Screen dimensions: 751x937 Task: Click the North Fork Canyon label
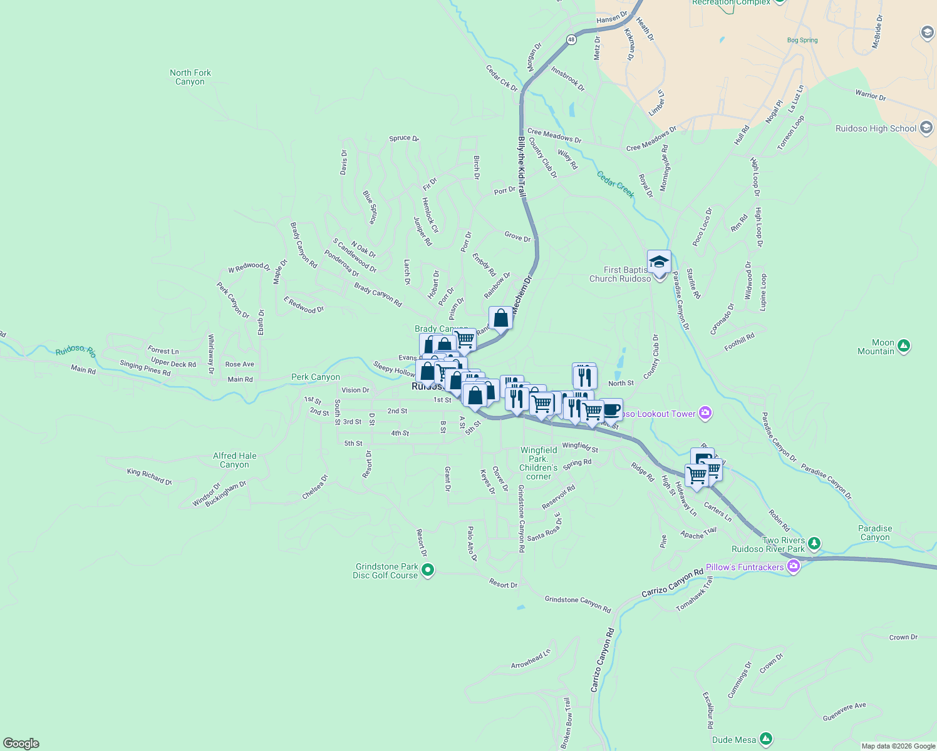190,77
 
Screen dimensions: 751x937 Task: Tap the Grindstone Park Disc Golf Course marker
428,570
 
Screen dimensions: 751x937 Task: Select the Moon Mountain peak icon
903,345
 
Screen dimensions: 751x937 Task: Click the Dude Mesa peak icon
766,739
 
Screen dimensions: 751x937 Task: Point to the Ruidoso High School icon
926,128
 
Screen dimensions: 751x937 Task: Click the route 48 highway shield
571,39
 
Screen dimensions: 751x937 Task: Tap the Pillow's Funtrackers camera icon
794,567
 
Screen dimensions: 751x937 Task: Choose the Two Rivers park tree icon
814,543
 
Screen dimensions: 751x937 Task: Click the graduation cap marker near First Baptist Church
659,262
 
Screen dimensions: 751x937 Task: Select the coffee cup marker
611,410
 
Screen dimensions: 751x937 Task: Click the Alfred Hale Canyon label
234,460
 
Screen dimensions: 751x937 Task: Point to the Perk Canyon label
316,377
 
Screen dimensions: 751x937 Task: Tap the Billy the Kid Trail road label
521,167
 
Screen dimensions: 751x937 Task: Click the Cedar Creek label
616,185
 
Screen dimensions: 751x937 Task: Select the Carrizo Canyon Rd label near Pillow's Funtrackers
672,583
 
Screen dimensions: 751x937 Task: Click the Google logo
21,743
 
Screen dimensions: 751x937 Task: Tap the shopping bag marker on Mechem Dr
500,318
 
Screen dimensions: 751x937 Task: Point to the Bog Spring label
802,40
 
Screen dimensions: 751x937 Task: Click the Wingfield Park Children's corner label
539,463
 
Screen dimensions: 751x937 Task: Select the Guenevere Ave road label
844,712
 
